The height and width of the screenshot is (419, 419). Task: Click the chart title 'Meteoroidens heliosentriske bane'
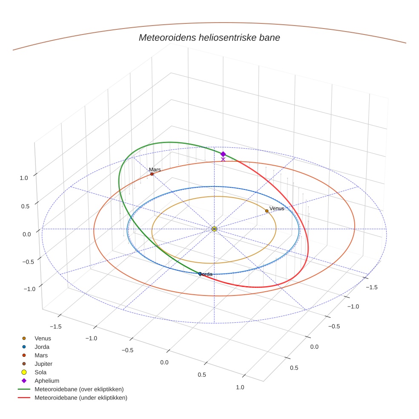click(209, 37)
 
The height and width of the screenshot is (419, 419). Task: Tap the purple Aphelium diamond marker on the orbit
click(223, 154)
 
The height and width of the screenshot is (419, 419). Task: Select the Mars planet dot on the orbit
click(152, 174)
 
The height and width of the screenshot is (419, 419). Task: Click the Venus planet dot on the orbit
click(267, 211)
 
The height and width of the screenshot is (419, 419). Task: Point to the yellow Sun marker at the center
click(214, 229)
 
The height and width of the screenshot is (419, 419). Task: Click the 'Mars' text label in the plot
click(155, 169)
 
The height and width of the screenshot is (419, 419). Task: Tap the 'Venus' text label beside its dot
click(277, 208)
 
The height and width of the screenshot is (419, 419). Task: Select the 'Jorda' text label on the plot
click(207, 274)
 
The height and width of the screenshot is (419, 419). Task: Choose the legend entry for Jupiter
click(43, 364)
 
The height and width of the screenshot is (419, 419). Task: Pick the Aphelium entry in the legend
click(46, 381)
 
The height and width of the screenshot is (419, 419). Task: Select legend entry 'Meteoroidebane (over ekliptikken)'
click(79, 389)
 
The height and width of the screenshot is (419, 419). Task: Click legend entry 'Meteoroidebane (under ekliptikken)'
click(80, 398)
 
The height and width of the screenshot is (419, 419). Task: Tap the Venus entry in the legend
click(43, 338)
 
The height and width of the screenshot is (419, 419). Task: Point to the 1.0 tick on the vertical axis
click(24, 178)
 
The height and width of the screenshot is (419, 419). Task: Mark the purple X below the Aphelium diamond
click(223, 160)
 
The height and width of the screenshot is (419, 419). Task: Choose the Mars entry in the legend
click(41, 355)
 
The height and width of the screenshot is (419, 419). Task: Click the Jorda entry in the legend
click(42, 347)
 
